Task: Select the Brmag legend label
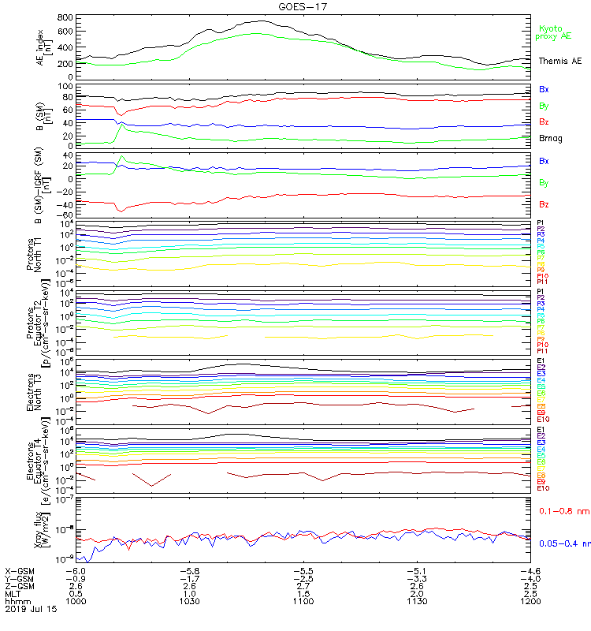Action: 550,138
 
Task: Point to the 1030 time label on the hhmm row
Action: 189,600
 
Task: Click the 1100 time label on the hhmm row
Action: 303,600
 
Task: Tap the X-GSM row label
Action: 20,569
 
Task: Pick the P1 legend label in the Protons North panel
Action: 541,223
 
